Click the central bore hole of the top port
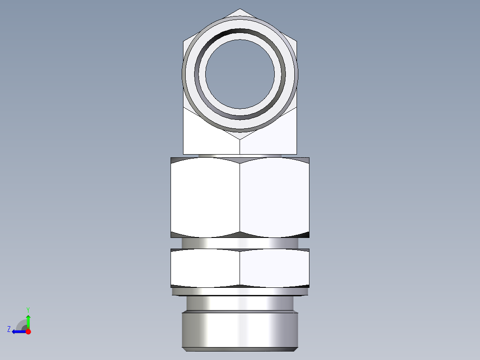click(240, 74)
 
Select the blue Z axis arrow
click(18, 331)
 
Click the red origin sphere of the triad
click(28, 331)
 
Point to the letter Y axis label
click(28, 309)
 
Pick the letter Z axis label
click(9, 329)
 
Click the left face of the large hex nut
click(205, 198)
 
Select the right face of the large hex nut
click(274, 198)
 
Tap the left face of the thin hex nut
click(205, 268)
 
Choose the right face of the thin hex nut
click(274, 268)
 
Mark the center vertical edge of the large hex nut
click(240, 198)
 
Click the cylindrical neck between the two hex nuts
click(240, 243)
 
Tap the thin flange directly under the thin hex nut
click(240, 291)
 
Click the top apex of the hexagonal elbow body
click(240, 9)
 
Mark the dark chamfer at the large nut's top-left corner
click(175, 160)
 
